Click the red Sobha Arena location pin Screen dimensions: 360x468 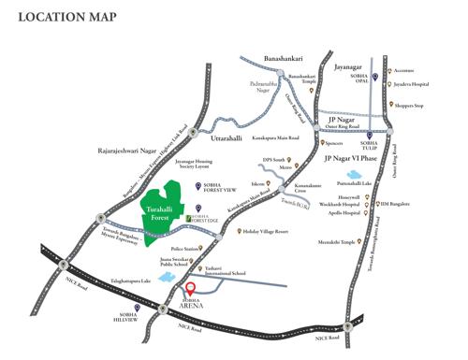pos(190,290)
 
